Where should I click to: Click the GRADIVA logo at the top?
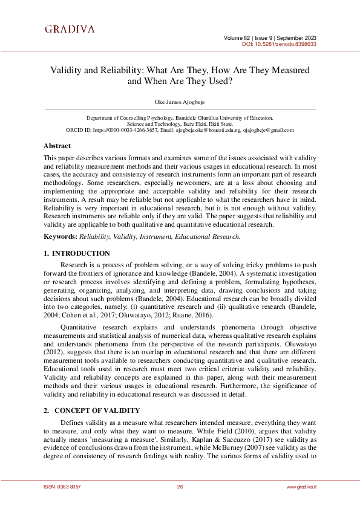tap(70, 29)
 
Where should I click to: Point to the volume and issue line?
tap(270, 37)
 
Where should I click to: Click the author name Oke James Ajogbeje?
tap(180, 102)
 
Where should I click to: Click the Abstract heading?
tap(57, 146)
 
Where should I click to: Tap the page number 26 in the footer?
tap(180, 487)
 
